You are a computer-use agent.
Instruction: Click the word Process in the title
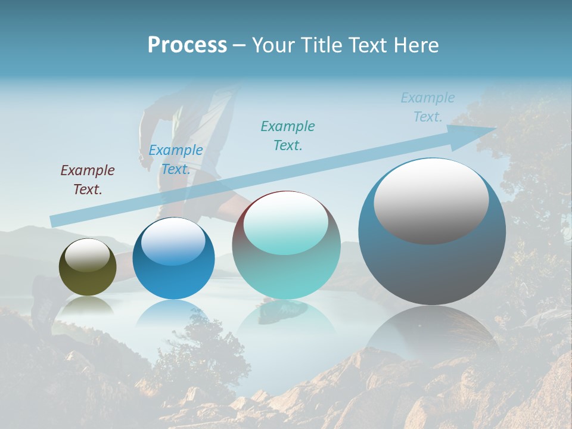[x=187, y=45]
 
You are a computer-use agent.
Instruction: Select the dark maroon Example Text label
[x=88, y=180]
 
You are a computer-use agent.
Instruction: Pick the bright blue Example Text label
[x=176, y=160]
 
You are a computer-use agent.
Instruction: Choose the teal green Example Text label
[x=288, y=135]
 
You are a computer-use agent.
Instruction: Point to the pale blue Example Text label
[x=428, y=107]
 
